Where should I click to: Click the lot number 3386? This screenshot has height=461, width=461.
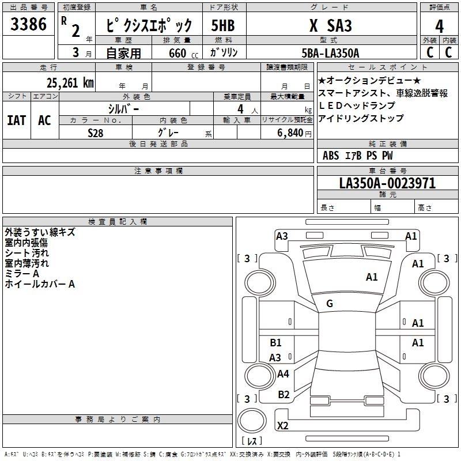coord(28,24)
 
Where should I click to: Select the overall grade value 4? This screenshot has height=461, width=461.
coord(439,27)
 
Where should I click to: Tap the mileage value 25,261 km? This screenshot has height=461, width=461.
coord(70,83)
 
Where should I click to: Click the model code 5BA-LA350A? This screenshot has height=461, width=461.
coord(330,53)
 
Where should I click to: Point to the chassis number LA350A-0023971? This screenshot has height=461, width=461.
coord(387,183)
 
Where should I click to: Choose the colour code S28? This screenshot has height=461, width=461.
coord(96,133)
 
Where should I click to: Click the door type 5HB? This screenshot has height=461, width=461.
coord(223,25)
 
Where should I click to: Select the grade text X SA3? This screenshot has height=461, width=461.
coord(330,25)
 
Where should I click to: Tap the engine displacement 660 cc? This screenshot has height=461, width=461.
coord(183,54)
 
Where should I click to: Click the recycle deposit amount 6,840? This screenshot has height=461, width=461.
coord(290,133)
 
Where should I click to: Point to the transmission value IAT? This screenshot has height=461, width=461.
coord(17,120)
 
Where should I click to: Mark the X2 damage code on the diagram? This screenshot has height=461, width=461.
coord(282,425)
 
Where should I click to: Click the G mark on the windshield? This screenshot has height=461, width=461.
coord(330,304)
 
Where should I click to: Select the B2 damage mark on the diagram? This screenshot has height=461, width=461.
coord(284,395)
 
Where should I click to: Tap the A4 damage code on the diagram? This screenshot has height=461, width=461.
coord(283,373)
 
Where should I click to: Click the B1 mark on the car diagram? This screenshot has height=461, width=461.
coord(275,342)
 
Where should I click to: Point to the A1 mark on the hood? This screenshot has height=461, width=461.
coord(372,277)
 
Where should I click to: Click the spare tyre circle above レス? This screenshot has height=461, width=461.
coord(252,421)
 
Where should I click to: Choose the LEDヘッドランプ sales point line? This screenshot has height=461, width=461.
coord(357,105)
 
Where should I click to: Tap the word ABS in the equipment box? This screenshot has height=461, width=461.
coord(331,156)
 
